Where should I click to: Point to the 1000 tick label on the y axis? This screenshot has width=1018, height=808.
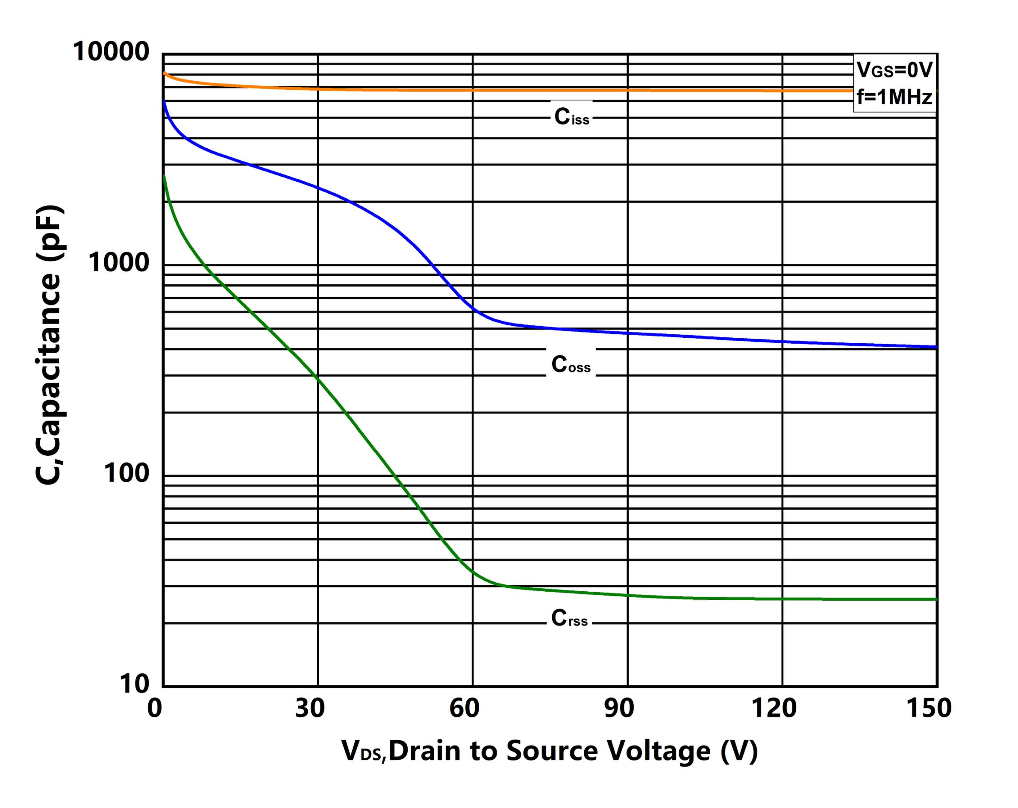(119, 262)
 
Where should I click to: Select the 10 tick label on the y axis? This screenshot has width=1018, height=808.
(134, 683)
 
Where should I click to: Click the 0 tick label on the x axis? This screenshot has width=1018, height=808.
(154, 708)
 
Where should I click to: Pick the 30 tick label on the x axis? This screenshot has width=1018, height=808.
(310, 708)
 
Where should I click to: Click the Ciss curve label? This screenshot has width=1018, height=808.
(571, 117)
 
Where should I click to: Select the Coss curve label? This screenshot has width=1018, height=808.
(571, 364)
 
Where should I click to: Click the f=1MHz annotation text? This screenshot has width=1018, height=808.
(894, 97)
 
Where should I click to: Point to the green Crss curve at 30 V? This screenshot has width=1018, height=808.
(318, 378)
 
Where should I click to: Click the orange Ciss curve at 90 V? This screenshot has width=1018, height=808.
(627, 90)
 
